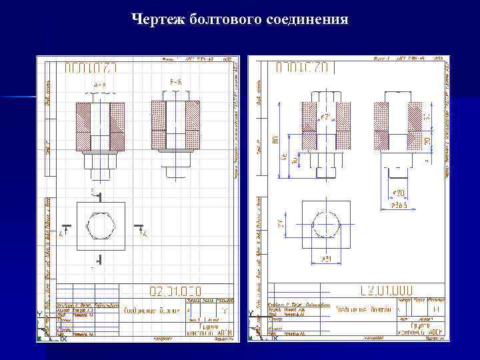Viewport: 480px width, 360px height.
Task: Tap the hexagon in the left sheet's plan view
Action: pos(101,226)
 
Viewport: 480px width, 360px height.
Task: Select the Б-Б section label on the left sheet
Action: pos(176,82)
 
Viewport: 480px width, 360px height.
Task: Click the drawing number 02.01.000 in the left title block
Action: pos(174,291)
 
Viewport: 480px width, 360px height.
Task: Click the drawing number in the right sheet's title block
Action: pos(386,291)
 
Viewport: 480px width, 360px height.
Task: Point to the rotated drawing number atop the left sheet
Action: pos(91,68)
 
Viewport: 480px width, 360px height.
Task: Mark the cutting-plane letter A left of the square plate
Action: pos(61,234)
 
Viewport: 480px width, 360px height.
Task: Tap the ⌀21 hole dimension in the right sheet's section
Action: pos(326,118)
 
